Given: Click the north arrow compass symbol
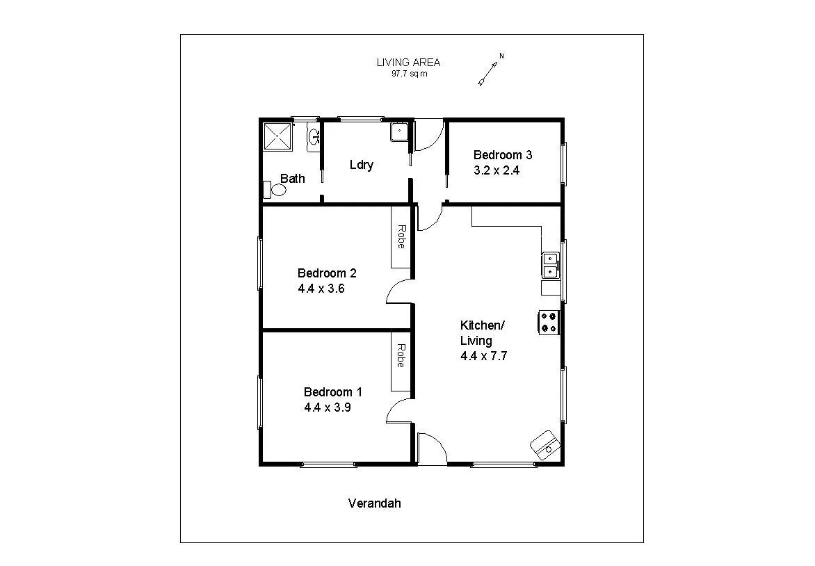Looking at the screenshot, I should [x=490, y=70].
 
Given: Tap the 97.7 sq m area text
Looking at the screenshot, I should [x=409, y=73].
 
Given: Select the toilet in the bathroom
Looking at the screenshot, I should [x=275, y=190].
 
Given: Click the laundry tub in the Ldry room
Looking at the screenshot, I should [x=400, y=131].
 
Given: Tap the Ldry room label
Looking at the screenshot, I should [x=361, y=165].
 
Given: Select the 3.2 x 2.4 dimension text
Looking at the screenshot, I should [x=497, y=170].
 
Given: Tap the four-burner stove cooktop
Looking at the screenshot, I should [x=548, y=322].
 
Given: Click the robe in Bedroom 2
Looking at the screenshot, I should [x=401, y=237].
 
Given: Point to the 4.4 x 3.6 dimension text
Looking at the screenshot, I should [x=321, y=288].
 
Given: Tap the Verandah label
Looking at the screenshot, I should [x=374, y=503].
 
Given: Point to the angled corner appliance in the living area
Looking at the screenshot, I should [x=544, y=444].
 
